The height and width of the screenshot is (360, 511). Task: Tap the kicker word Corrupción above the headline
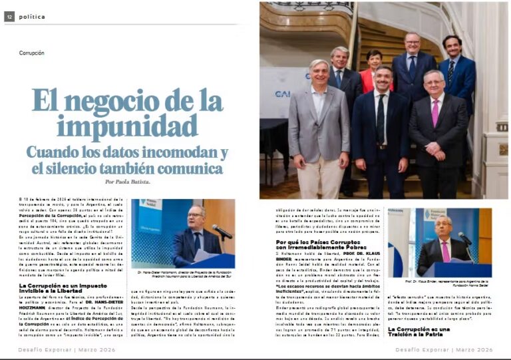[x=32, y=53]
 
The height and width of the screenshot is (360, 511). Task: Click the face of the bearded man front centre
[x=381, y=80]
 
